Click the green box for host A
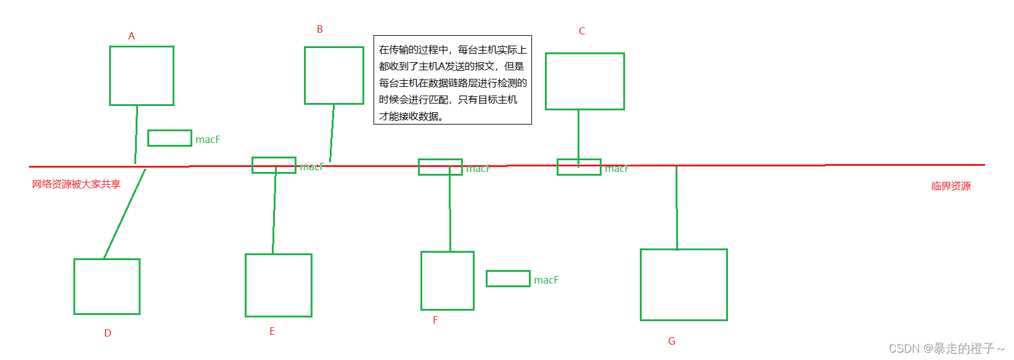(x=142, y=76)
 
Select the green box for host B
(x=334, y=75)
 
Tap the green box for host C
(x=585, y=81)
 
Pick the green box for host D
(x=107, y=287)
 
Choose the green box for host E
(x=279, y=285)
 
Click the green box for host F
(x=448, y=280)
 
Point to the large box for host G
(x=684, y=285)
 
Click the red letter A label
(x=131, y=36)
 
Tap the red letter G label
(x=672, y=341)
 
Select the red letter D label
(x=108, y=333)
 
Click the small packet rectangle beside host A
(x=170, y=138)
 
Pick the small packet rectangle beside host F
(x=508, y=279)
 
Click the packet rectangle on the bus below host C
(x=579, y=167)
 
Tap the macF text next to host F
(x=546, y=280)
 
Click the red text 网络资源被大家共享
(x=76, y=184)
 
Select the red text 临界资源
(x=951, y=186)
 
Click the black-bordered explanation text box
(x=452, y=80)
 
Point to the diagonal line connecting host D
(x=125, y=213)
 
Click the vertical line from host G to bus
(x=677, y=208)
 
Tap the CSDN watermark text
(x=946, y=348)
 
